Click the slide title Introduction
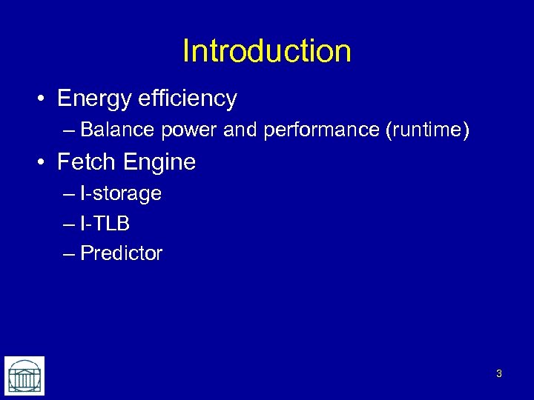pos(267,51)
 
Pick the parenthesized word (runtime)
pos(427,131)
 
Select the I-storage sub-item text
pos(121,194)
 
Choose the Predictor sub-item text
pos(121,253)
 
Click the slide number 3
pos(498,374)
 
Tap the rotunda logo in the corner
pos(24,376)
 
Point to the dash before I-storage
pos(70,195)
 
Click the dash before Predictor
pos(70,254)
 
